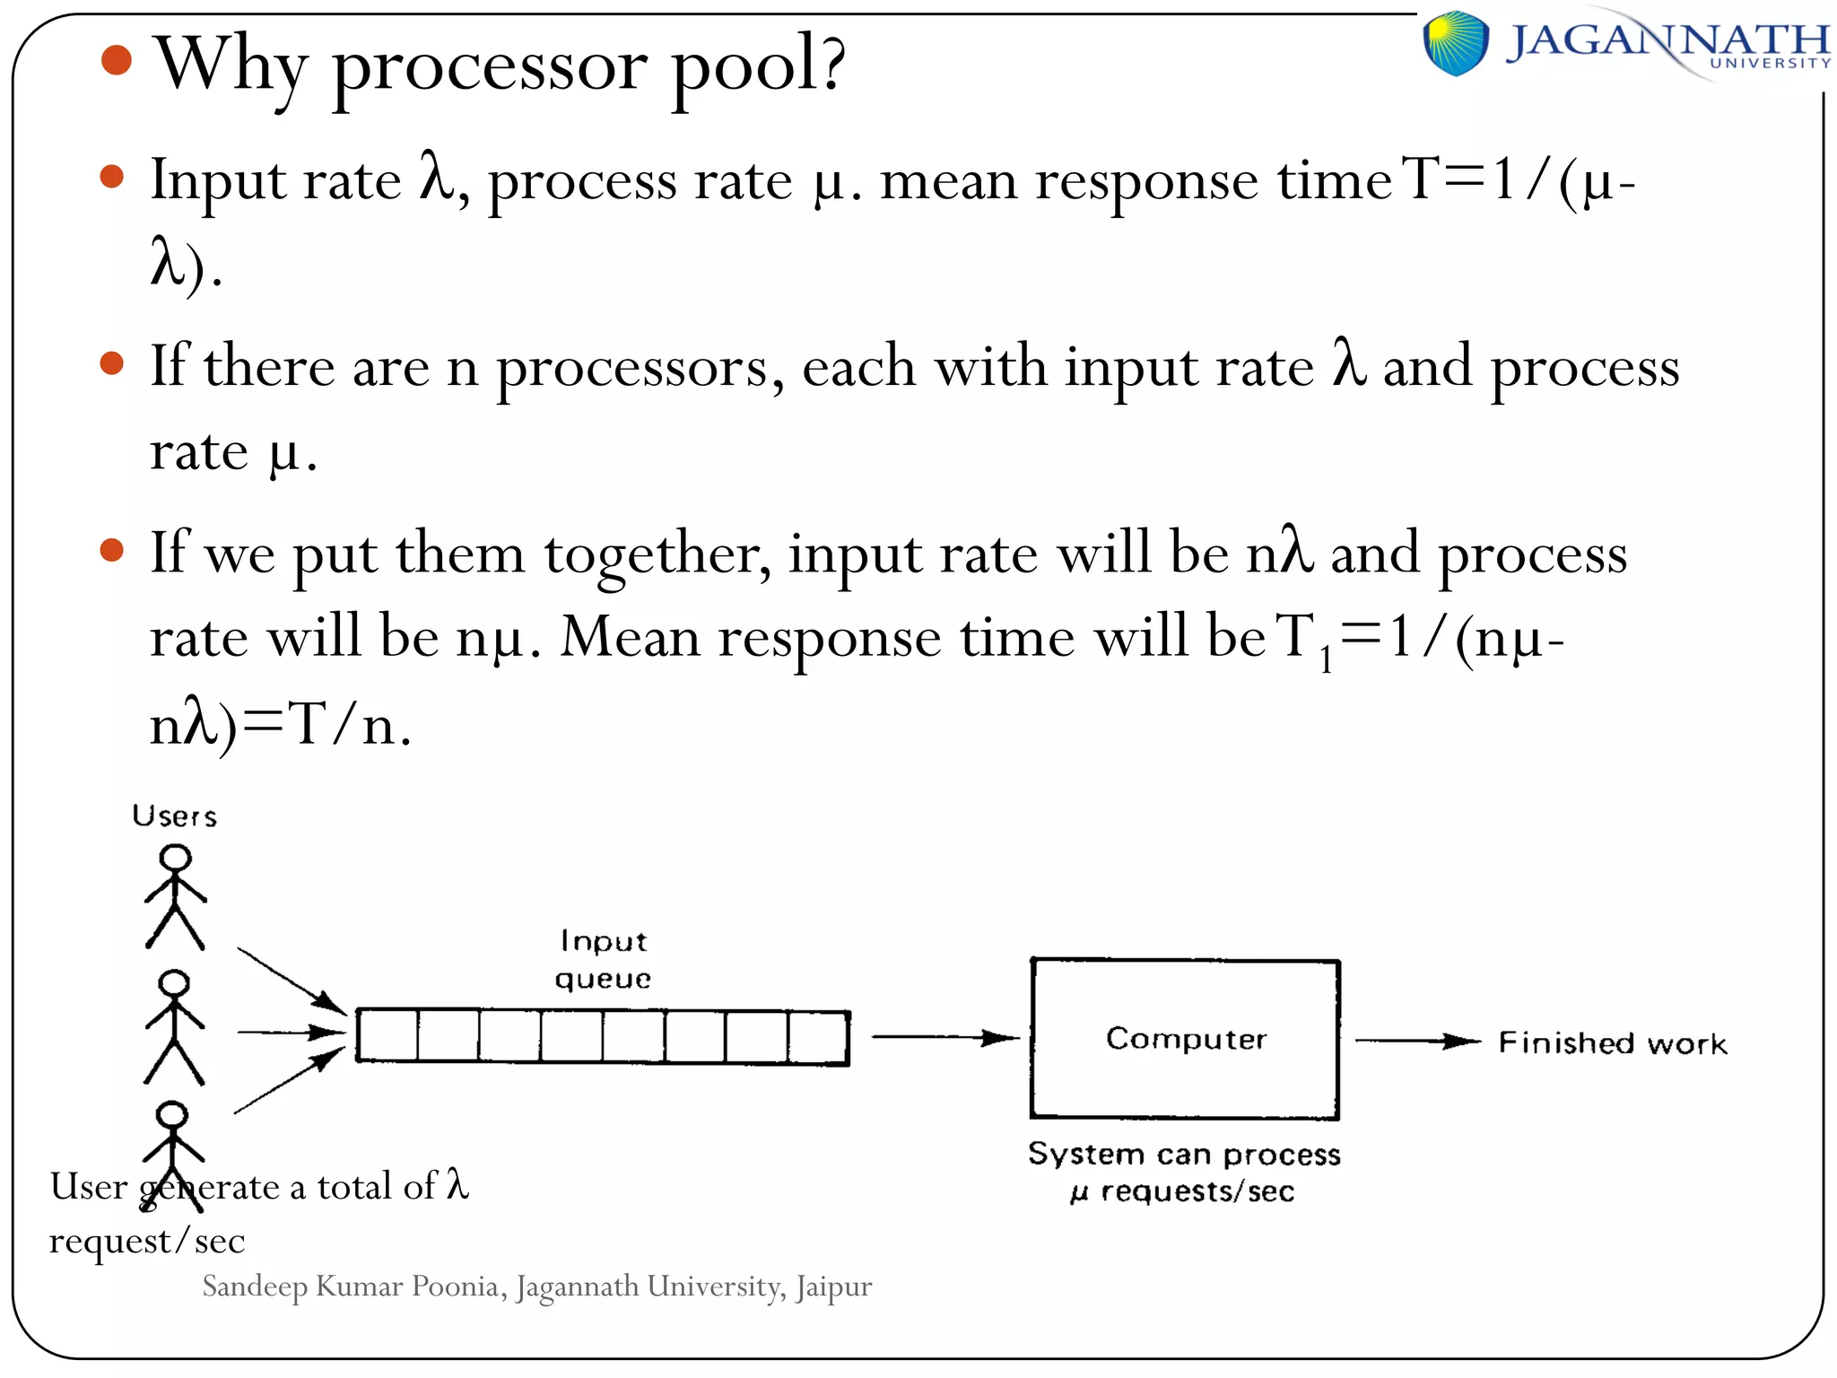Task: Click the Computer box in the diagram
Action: click(x=1184, y=1039)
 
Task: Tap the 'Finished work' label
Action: click(x=1612, y=1043)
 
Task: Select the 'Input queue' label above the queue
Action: click(x=603, y=960)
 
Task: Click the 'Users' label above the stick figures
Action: click(x=174, y=816)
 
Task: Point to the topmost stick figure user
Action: click(x=176, y=897)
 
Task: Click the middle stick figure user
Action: click(x=174, y=1027)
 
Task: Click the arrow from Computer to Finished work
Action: click(x=1417, y=1042)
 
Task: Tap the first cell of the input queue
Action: click(x=387, y=1036)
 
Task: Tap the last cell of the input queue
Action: click(x=818, y=1038)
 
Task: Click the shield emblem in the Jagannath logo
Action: click(x=1455, y=42)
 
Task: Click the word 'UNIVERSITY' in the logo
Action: click(x=1769, y=64)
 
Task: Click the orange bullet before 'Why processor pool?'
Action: click(x=117, y=60)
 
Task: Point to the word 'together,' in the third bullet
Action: click(x=657, y=554)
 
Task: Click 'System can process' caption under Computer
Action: click(x=1184, y=1154)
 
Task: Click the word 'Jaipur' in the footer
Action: click(x=832, y=1286)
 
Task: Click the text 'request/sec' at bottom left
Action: click(x=146, y=1241)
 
